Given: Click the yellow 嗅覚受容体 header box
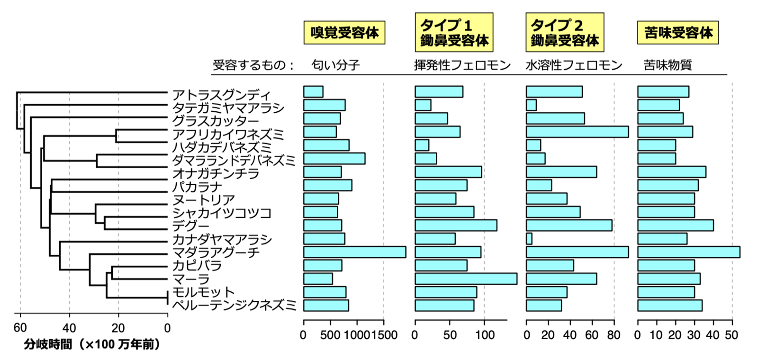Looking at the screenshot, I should tap(344, 33).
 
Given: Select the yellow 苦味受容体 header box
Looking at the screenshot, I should tap(678, 33).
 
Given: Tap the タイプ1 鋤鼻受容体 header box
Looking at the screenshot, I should tap(454, 32).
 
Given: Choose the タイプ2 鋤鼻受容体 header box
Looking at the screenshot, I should tap(565, 32).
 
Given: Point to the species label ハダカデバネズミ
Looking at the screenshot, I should tap(222, 147).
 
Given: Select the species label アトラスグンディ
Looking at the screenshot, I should tap(221, 95).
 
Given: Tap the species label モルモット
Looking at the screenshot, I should tap(203, 292).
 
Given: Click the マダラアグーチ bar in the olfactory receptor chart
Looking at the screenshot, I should tap(354, 252).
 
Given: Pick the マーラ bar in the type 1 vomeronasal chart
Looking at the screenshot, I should tap(466, 279).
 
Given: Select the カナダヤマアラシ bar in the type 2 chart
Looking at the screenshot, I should tap(529, 239).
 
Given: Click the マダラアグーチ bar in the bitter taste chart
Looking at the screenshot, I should tap(688, 252).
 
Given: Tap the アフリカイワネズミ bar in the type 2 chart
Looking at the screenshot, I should tap(577, 132).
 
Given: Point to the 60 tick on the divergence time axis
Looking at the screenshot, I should tap(20, 328).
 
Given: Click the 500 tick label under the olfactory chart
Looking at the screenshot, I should tap(330, 335).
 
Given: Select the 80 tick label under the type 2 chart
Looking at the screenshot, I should tap(614, 335).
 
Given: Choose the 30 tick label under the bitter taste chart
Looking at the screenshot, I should tap(694, 335).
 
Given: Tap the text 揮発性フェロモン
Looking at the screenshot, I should tap(462, 65).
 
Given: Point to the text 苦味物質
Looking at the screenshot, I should tap(668, 65).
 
